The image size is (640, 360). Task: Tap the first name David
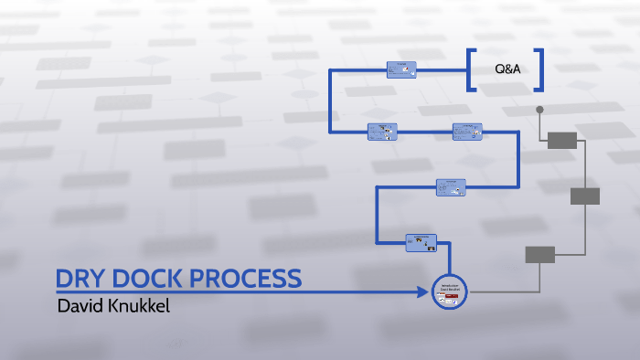point(79,304)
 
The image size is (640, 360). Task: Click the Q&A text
point(507,69)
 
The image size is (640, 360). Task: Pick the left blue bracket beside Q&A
point(470,69)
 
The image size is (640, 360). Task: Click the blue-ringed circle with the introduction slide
point(449,291)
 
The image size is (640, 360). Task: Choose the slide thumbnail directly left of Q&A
point(401,69)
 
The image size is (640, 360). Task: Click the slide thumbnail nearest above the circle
point(421,242)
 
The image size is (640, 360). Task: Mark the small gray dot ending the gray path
point(539,110)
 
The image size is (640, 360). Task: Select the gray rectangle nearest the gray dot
point(562,140)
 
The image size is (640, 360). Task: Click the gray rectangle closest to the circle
point(540,255)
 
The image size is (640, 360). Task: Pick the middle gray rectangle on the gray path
point(585,196)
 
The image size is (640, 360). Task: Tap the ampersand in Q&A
point(508,69)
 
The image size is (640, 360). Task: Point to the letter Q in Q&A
point(499,69)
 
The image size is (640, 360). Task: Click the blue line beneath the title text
point(229,292)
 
